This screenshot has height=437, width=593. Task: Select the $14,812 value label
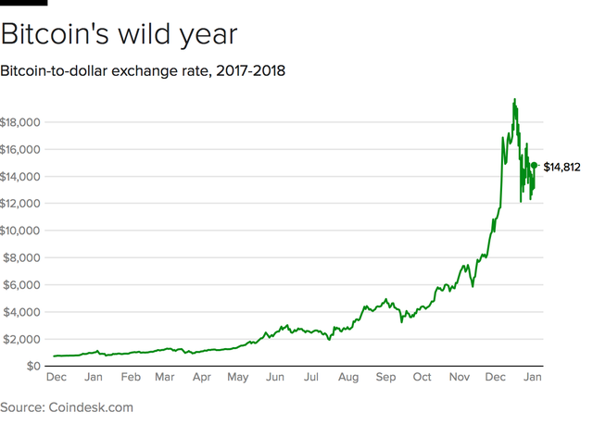(561, 167)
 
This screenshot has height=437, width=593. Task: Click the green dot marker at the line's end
(534, 166)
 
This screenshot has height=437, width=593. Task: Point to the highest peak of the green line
(514, 99)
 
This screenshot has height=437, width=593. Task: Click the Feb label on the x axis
(130, 379)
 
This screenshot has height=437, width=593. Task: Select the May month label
(238, 379)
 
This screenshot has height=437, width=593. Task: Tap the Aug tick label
(348, 379)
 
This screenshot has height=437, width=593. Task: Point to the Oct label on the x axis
(422, 379)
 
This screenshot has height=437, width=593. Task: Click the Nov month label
(460, 379)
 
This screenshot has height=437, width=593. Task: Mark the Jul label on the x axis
(311, 379)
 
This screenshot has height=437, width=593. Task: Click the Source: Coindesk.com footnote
(67, 407)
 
